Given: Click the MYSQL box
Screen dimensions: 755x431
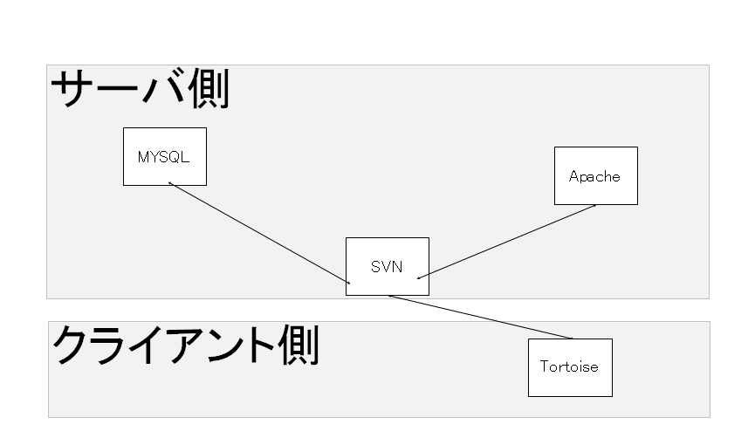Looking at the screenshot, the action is [x=165, y=156].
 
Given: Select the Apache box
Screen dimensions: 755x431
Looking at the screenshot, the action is [x=596, y=175].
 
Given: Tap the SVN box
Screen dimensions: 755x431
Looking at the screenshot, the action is [x=388, y=266].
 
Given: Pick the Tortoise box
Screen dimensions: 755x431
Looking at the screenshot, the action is [x=570, y=367].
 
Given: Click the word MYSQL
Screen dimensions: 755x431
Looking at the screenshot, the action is [x=164, y=157].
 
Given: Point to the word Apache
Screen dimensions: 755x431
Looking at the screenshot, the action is [x=594, y=177].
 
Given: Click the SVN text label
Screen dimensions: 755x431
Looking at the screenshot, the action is [x=387, y=267].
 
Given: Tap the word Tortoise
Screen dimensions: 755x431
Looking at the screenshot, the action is [x=569, y=367].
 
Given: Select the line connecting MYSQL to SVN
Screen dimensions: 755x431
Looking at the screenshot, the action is [x=259, y=233].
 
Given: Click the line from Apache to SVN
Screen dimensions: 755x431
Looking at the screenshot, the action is [x=506, y=242].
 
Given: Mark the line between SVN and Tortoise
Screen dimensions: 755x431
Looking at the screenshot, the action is [x=481, y=317].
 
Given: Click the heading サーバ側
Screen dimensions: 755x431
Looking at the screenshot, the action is [x=140, y=88].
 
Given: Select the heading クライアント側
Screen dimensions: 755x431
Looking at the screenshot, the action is [x=185, y=345].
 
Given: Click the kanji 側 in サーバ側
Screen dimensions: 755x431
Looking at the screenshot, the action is [x=209, y=88].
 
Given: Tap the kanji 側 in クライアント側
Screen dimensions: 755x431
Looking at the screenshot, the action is [x=299, y=345].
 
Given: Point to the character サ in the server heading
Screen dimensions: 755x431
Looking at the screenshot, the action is [x=72, y=89].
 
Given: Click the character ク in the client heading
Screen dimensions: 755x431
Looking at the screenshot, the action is [x=73, y=345].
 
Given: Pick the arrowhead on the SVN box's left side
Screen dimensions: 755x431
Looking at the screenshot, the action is [x=348, y=283].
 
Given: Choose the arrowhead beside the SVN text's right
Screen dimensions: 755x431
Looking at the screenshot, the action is [x=419, y=277].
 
